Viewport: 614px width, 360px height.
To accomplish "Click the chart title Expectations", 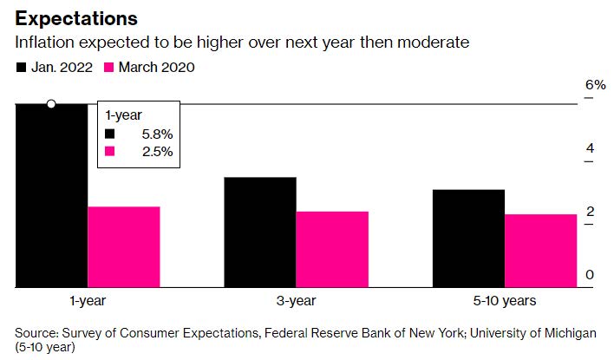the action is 76,19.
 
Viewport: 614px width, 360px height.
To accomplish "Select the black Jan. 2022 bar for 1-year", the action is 51,195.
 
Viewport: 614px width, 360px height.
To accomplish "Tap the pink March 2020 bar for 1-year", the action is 124,246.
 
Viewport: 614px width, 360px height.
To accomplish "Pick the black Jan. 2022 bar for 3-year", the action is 260,232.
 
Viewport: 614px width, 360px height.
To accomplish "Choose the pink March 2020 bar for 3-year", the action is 332,250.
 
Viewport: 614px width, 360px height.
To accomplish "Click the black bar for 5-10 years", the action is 468,239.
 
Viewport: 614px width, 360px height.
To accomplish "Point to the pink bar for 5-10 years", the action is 541,251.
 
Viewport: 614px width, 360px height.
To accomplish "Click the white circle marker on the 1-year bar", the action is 51,104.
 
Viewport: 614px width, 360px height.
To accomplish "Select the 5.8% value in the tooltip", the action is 157,134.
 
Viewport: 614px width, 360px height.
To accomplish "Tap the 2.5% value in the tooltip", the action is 158,152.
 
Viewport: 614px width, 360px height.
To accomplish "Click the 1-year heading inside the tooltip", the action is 123,115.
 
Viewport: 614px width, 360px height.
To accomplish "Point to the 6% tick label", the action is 596,85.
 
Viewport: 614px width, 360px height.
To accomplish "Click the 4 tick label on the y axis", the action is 590,148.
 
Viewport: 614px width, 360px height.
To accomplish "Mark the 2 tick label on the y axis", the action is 590,212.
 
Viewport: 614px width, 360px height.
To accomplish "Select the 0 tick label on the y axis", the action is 590,275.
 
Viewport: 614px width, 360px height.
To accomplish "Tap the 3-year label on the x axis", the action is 296,301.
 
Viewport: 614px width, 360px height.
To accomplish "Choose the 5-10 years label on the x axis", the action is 505,301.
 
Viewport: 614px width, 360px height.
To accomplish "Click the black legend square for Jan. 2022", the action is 21,68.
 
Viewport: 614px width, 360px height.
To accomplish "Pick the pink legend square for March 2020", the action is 108,68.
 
